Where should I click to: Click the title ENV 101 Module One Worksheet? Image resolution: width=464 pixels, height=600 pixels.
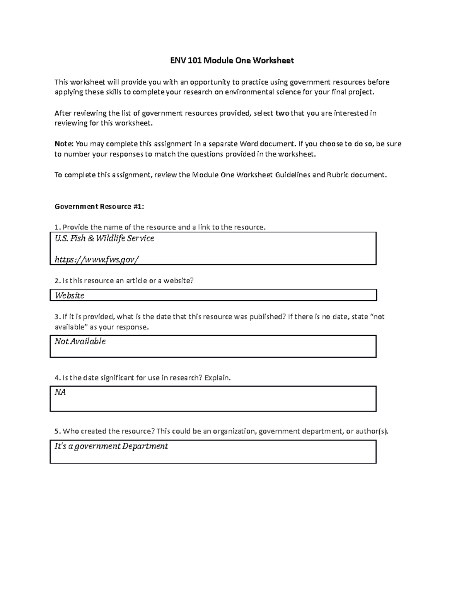232,61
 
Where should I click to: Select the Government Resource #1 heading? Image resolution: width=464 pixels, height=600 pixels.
99,206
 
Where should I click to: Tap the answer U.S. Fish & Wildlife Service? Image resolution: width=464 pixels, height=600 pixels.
104,238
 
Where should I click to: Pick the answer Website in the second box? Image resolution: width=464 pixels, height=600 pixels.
70,296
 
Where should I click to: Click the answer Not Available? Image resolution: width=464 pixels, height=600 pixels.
80,341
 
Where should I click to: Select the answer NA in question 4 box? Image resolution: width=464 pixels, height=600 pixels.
60,392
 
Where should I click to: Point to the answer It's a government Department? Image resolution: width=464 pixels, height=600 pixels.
111,446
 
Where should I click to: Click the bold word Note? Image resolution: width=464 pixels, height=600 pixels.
64,144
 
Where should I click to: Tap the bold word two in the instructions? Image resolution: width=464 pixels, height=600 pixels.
282,113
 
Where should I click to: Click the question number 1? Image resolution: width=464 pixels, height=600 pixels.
57,227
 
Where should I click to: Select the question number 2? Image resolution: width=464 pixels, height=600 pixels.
57,280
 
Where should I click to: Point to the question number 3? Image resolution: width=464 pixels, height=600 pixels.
57,317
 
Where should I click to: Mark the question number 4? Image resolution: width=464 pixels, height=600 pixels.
57,378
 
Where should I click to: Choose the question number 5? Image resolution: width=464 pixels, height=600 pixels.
57,431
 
